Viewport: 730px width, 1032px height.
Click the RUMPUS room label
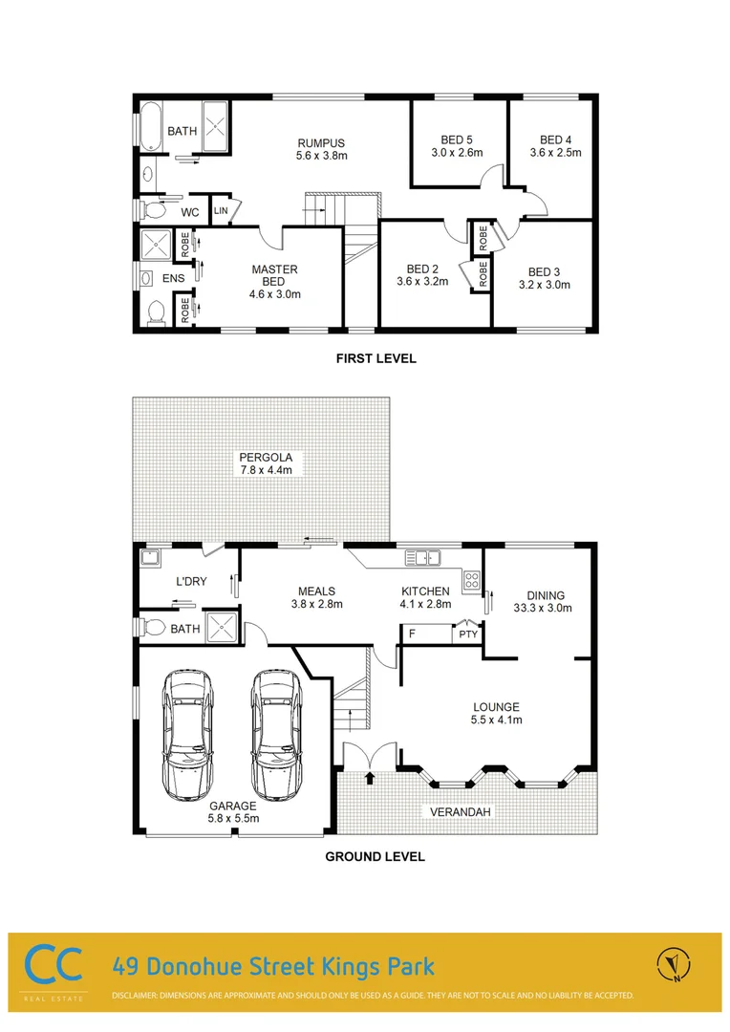pos(320,143)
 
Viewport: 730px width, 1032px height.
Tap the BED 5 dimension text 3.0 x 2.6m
pos(457,153)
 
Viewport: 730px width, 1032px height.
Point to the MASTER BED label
pos(275,269)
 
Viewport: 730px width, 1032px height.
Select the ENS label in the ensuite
pos(173,279)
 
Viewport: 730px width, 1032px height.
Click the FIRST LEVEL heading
pos(376,359)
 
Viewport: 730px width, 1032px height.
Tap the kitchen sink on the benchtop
pos(421,557)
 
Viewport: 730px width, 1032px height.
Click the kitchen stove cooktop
pos(471,579)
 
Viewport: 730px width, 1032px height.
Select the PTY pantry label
pos(467,634)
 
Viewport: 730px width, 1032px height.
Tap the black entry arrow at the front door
pos(370,779)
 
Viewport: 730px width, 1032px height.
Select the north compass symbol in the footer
pos(674,965)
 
